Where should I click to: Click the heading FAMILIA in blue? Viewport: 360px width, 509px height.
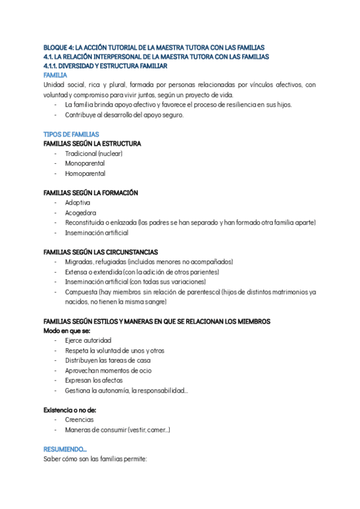(55, 75)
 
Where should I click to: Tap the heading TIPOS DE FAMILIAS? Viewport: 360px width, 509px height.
(71, 134)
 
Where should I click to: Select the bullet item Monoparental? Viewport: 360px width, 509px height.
(85, 163)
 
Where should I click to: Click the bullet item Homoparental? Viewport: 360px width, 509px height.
(85, 173)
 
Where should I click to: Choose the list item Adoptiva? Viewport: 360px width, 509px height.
(77, 203)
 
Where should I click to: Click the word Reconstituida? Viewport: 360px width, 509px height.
(86, 223)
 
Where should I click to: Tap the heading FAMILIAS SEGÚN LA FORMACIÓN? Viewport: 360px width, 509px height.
(91, 193)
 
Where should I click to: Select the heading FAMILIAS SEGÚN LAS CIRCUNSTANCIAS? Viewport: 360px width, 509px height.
(101, 252)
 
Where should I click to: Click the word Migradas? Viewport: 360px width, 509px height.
(78, 262)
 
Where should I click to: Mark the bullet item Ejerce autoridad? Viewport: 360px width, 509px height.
(88, 340)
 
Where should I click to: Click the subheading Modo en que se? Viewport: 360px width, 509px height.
(67, 331)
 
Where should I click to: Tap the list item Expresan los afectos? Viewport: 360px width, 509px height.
(94, 380)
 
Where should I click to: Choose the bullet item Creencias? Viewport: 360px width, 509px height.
(79, 420)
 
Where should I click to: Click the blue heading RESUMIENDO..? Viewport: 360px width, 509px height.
(65, 449)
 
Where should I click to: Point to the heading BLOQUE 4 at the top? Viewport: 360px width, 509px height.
(154, 47)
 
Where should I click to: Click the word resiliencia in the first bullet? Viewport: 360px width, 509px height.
(248, 104)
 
